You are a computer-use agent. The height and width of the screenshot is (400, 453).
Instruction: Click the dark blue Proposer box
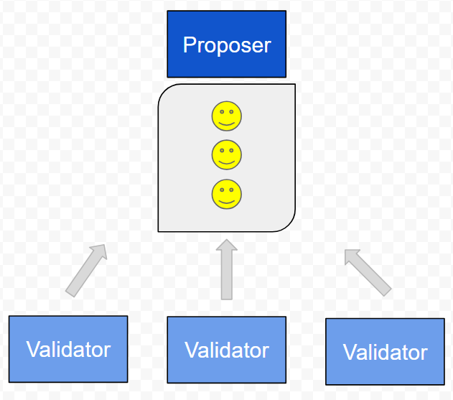[227, 44]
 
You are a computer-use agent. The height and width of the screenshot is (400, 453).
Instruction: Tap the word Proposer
[227, 45]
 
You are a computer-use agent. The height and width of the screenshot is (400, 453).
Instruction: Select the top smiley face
[227, 116]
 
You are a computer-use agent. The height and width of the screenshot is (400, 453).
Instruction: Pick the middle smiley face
[227, 155]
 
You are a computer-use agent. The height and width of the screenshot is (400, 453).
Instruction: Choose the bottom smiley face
[227, 194]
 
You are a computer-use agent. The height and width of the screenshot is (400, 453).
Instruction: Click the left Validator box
[68, 349]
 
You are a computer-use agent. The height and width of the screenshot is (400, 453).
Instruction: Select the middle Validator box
[227, 350]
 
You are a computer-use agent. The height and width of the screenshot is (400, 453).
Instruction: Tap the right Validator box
[385, 352]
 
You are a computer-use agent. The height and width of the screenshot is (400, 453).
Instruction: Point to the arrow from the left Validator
[86, 271]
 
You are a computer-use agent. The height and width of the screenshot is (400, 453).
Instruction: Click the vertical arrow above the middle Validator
[227, 269]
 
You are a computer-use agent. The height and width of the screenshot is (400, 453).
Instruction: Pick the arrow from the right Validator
[368, 273]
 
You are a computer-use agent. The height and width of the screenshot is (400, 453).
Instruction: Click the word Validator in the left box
[68, 350]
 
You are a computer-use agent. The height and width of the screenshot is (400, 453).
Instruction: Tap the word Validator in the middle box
[227, 350]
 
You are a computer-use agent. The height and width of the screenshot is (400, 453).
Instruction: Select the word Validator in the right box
[385, 353]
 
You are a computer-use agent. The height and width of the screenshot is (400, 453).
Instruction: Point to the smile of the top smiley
[227, 124]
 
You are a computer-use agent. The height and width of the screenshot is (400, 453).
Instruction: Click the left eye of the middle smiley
[222, 150]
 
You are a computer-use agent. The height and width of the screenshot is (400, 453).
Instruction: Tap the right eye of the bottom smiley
[231, 190]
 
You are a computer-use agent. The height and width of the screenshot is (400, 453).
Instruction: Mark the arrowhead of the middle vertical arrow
[227, 244]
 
